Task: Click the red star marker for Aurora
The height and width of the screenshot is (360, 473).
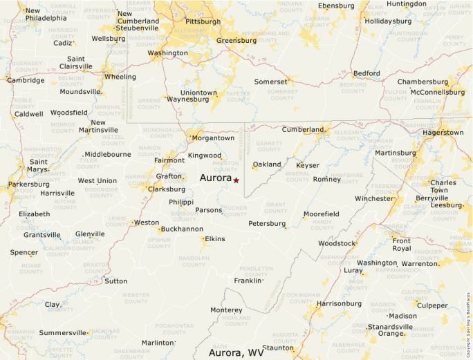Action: click(x=236, y=180)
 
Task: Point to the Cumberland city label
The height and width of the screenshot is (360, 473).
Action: click(x=302, y=130)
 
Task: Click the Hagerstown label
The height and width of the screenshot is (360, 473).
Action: click(x=443, y=132)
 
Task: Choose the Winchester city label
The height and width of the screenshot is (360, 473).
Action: click(x=373, y=198)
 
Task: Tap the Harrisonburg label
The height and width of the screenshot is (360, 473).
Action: click(x=339, y=303)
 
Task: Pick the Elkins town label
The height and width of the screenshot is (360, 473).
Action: click(x=214, y=239)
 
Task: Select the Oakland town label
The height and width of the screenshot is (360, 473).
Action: click(x=267, y=164)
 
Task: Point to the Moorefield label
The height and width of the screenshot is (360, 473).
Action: click(x=322, y=214)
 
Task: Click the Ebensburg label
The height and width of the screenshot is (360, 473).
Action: click(x=336, y=6)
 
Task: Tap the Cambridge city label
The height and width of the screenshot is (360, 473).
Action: click(x=26, y=80)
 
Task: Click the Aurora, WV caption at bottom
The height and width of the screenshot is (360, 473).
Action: click(x=236, y=352)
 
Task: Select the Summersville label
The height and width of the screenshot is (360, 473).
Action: click(x=63, y=333)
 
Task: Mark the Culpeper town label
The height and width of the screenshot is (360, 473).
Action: click(x=432, y=305)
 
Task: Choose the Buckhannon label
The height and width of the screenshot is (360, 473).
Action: click(x=182, y=229)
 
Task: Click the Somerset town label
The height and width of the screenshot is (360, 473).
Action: click(x=270, y=82)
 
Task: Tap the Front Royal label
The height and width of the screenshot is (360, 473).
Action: click(x=401, y=245)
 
